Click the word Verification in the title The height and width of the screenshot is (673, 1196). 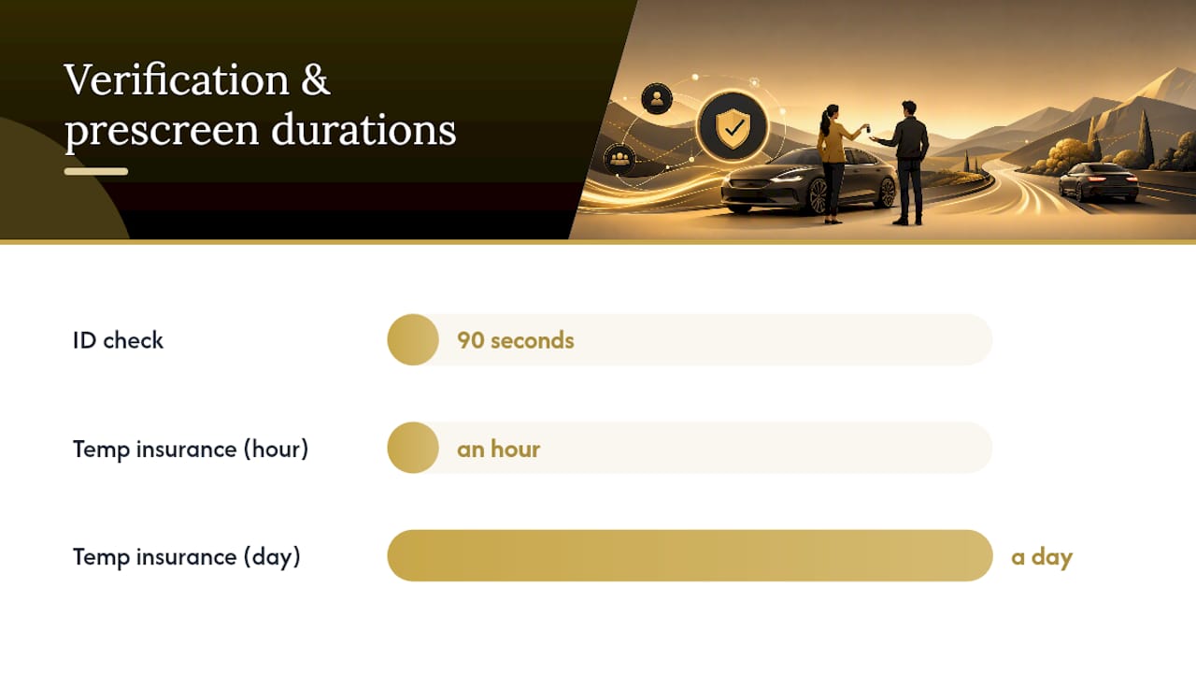tap(177, 79)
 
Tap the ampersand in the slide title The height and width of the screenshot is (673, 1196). tap(316, 79)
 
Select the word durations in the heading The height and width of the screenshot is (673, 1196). tap(363, 129)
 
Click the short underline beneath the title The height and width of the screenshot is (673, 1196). tap(96, 171)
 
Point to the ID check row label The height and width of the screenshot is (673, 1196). tap(118, 340)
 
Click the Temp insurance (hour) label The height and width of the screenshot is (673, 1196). tap(191, 450)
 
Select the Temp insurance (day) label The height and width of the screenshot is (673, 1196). tap(186, 557)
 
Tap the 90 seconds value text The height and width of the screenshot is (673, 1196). tap(515, 340)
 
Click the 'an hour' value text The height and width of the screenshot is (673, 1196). tap(498, 449)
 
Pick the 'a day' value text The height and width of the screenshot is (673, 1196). tap(1042, 558)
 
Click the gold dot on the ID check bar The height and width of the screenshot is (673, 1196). tap(413, 339)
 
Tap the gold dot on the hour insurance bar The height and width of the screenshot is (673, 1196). tap(413, 448)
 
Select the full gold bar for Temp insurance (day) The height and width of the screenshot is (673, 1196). tap(690, 555)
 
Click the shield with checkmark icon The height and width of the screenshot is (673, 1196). tap(733, 126)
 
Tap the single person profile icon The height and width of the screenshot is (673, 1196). tap(657, 99)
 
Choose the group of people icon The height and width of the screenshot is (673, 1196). tap(619, 159)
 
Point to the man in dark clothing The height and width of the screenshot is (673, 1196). tap(905, 163)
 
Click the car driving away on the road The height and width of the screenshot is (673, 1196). tap(1098, 181)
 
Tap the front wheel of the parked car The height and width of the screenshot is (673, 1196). tap(817, 196)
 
